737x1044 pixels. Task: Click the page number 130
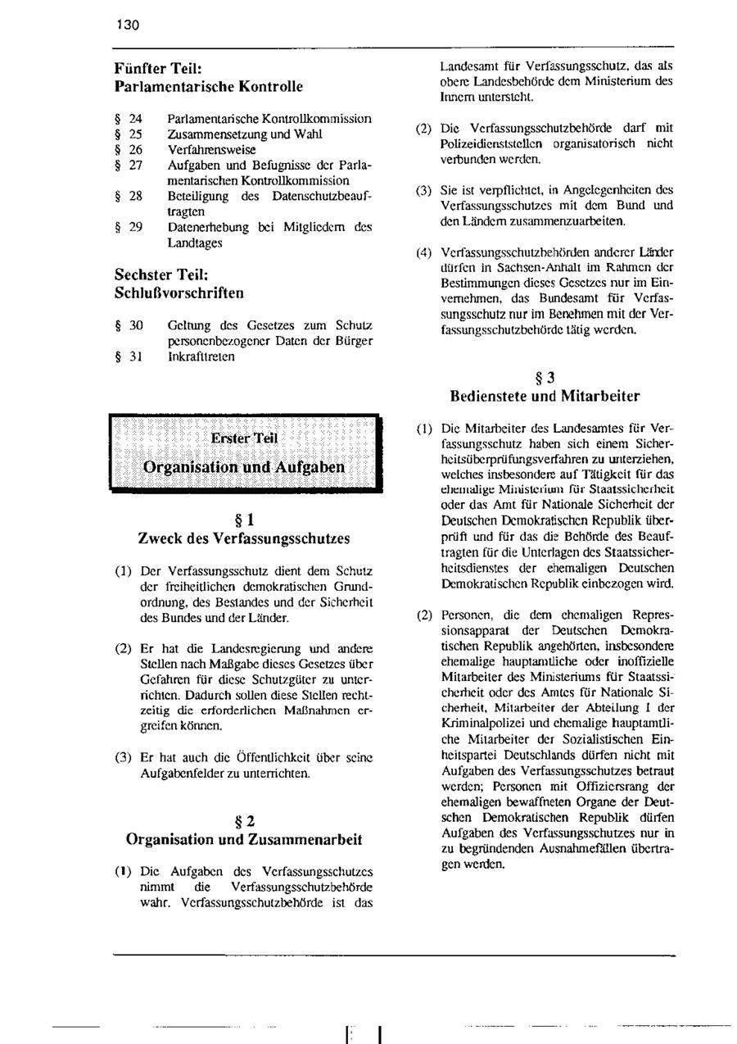128,25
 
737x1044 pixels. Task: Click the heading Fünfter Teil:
158,70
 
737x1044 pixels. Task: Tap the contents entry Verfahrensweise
211,150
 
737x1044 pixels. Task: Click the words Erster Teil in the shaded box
244,438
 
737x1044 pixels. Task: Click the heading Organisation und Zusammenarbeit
244,839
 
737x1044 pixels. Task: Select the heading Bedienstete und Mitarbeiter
545,397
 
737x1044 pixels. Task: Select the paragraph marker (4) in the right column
423,252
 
